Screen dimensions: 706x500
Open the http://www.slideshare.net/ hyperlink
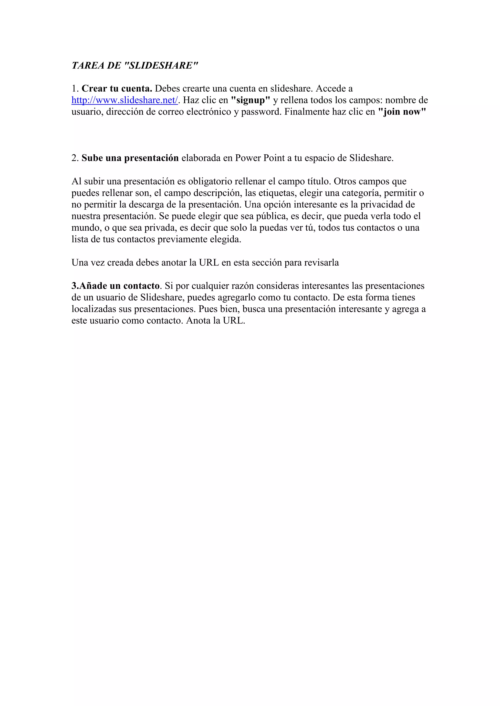point(125,100)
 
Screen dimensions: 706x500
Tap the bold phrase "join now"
point(402,112)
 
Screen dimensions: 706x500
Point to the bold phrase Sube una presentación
point(130,158)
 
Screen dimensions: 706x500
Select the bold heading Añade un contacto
point(116,286)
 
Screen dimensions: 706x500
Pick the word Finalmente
point(306,112)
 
